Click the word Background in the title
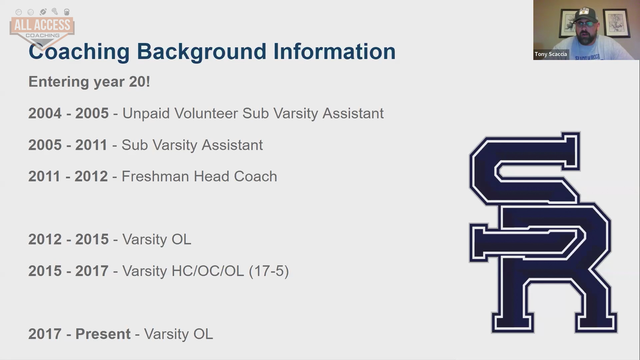coord(202,52)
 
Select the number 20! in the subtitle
coord(139,82)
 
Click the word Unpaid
coord(146,114)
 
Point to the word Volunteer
coord(206,113)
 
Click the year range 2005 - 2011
coord(68,145)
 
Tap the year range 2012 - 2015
coord(68,239)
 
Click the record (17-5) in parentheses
coord(269,271)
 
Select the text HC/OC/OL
coord(208,271)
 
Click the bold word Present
coord(103,334)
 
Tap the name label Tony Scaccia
coord(551,54)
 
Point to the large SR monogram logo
coord(543,232)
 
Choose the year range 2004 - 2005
coord(68,113)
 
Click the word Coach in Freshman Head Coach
coord(255,176)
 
